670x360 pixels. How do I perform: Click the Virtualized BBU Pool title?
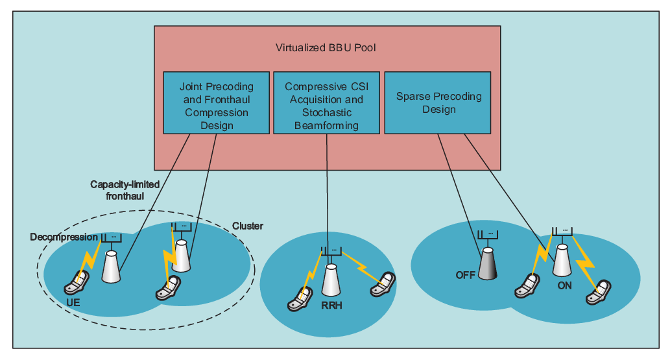[326, 47]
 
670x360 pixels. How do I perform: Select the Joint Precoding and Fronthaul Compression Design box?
[216, 102]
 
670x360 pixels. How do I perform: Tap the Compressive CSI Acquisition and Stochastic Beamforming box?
[326, 102]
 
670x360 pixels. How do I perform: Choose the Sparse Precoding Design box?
[438, 102]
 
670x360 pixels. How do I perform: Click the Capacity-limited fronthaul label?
[125, 190]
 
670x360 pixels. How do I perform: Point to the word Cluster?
[247, 226]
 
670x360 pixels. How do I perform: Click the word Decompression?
[64, 237]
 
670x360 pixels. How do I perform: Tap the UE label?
[73, 303]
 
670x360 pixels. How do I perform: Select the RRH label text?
[331, 306]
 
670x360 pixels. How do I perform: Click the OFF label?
[465, 275]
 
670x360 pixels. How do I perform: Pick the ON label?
[564, 285]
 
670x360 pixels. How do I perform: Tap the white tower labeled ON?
[562, 260]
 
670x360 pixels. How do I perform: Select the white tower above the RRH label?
[331, 280]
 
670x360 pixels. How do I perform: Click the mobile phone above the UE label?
[77, 283]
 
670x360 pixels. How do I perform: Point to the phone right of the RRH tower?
[383, 284]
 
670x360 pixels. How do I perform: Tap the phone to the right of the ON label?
[598, 292]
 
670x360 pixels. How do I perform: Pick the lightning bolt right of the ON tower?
[585, 261]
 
